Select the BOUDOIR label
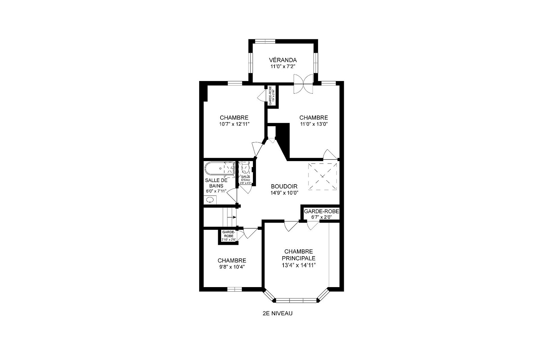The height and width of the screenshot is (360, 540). click(x=284, y=187)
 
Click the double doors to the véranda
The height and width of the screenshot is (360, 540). click(x=303, y=84)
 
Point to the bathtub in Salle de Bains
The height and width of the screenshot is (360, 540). click(x=220, y=169)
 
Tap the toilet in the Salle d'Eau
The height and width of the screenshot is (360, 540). click(x=245, y=167)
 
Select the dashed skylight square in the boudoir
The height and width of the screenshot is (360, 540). click(x=322, y=176)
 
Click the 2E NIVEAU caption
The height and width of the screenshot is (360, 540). click(x=277, y=313)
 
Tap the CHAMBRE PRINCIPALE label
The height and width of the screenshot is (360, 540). click(x=298, y=255)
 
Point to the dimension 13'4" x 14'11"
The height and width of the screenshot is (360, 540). click(x=298, y=265)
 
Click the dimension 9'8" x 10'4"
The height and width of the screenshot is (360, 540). click(x=232, y=267)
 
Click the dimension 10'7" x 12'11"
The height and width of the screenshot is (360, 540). click(x=234, y=124)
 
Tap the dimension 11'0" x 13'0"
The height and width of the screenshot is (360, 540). click(x=313, y=124)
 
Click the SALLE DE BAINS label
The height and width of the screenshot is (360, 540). click(x=216, y=183)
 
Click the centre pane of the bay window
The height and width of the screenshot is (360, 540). click(x=296, y=300)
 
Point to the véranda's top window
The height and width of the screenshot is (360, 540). click(x=265, y=41)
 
